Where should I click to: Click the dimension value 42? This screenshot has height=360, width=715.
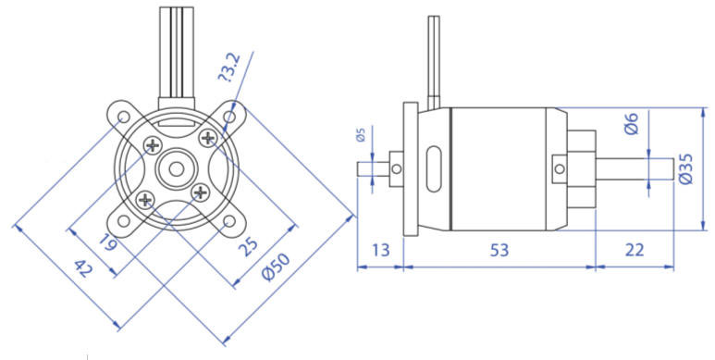(83, 268)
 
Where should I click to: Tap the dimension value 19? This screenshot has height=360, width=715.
(108, 242)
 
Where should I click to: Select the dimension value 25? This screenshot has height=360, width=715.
(248, 247)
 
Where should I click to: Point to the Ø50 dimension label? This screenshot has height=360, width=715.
(276, 267)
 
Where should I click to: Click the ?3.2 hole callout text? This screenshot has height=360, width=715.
(229, 67)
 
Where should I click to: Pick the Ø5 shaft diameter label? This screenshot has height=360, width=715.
(361, 134)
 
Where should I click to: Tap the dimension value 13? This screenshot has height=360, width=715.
(380, 250)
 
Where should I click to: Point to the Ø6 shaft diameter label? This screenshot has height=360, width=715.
(632, 123)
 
